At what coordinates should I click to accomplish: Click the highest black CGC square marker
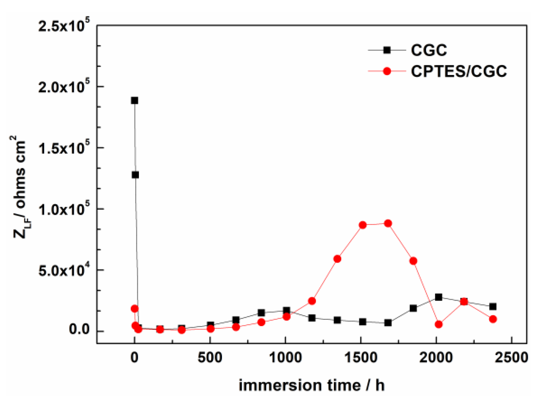135,101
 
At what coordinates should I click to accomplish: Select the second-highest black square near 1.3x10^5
135,175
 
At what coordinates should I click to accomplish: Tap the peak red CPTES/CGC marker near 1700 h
388,223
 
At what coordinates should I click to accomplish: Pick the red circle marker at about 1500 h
363,225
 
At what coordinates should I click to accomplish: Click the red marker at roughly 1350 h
337,259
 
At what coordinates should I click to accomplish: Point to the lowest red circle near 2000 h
438,324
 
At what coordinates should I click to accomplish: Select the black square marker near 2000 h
438,297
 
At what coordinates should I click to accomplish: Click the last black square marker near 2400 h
493,307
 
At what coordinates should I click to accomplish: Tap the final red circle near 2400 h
493,319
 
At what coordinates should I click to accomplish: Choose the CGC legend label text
429,50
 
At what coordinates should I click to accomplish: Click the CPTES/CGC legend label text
459,71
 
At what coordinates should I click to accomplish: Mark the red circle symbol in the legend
387,71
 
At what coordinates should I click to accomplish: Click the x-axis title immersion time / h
311,385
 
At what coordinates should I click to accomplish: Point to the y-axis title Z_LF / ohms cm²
20,186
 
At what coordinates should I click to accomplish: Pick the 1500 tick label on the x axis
360,358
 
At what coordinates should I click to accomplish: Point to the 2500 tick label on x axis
511,358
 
